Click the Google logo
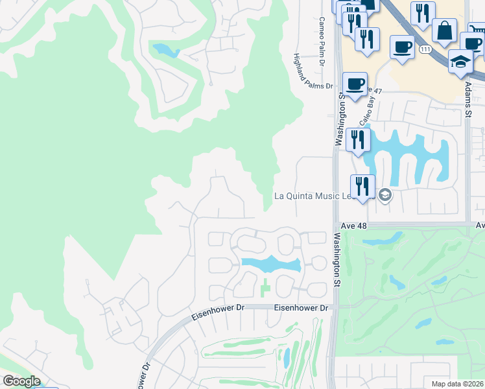pyautogui.click(x=21, y=381)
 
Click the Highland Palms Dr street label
pyautogui.click(x=313, y=71)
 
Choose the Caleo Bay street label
pyautogui.click(x=368, y=112)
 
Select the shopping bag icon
pyautogui.click(x=444, y=30)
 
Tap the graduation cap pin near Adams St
pyautogui.click(x=461, y=62)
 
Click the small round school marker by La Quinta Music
pyautogui.click(x=384, y=195)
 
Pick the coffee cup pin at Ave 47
pyautogui.click(x=355, y=84)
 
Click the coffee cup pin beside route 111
pyautogui.click(x=402, y=47)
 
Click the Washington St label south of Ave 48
pyautogui.click(x=337, y=260)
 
